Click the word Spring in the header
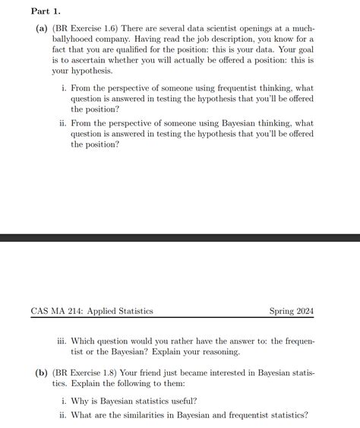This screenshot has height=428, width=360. tap(282, 310)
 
